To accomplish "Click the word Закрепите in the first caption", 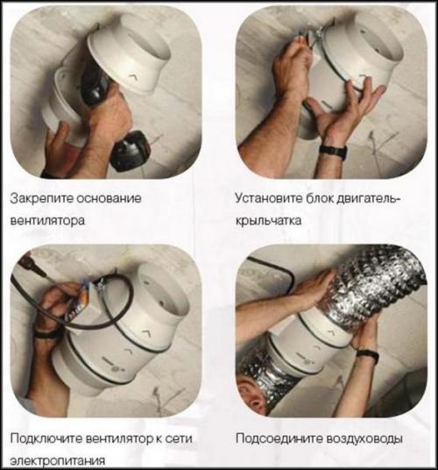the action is [x=40, y=199].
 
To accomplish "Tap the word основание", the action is [x=109, y=199].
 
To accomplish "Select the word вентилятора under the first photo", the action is [x=47, y=221].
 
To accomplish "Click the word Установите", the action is [x=269, y=199].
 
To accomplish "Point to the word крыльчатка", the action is [x=268, y=221].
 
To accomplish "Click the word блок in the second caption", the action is [x=320, y=199].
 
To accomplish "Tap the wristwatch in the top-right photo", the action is [x=333, y=151].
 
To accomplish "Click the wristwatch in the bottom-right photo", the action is [x=368, y=356].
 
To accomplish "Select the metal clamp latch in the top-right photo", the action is [x=314, y=36].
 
